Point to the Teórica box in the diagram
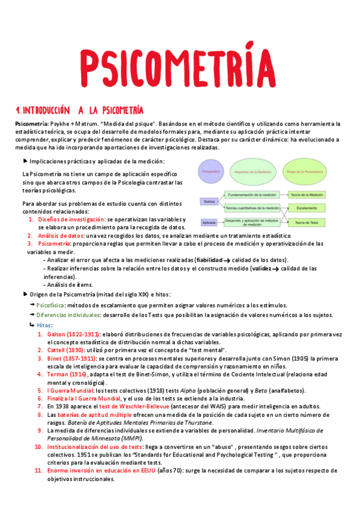209,201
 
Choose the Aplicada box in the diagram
210,223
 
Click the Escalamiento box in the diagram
307,208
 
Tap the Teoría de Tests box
307,223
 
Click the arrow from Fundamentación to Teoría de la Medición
283,195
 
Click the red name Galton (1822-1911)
68,334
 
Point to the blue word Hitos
44,325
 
